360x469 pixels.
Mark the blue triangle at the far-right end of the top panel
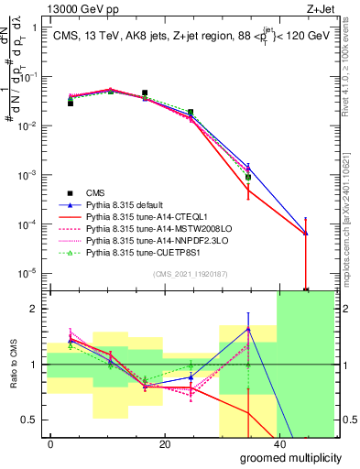305,234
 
